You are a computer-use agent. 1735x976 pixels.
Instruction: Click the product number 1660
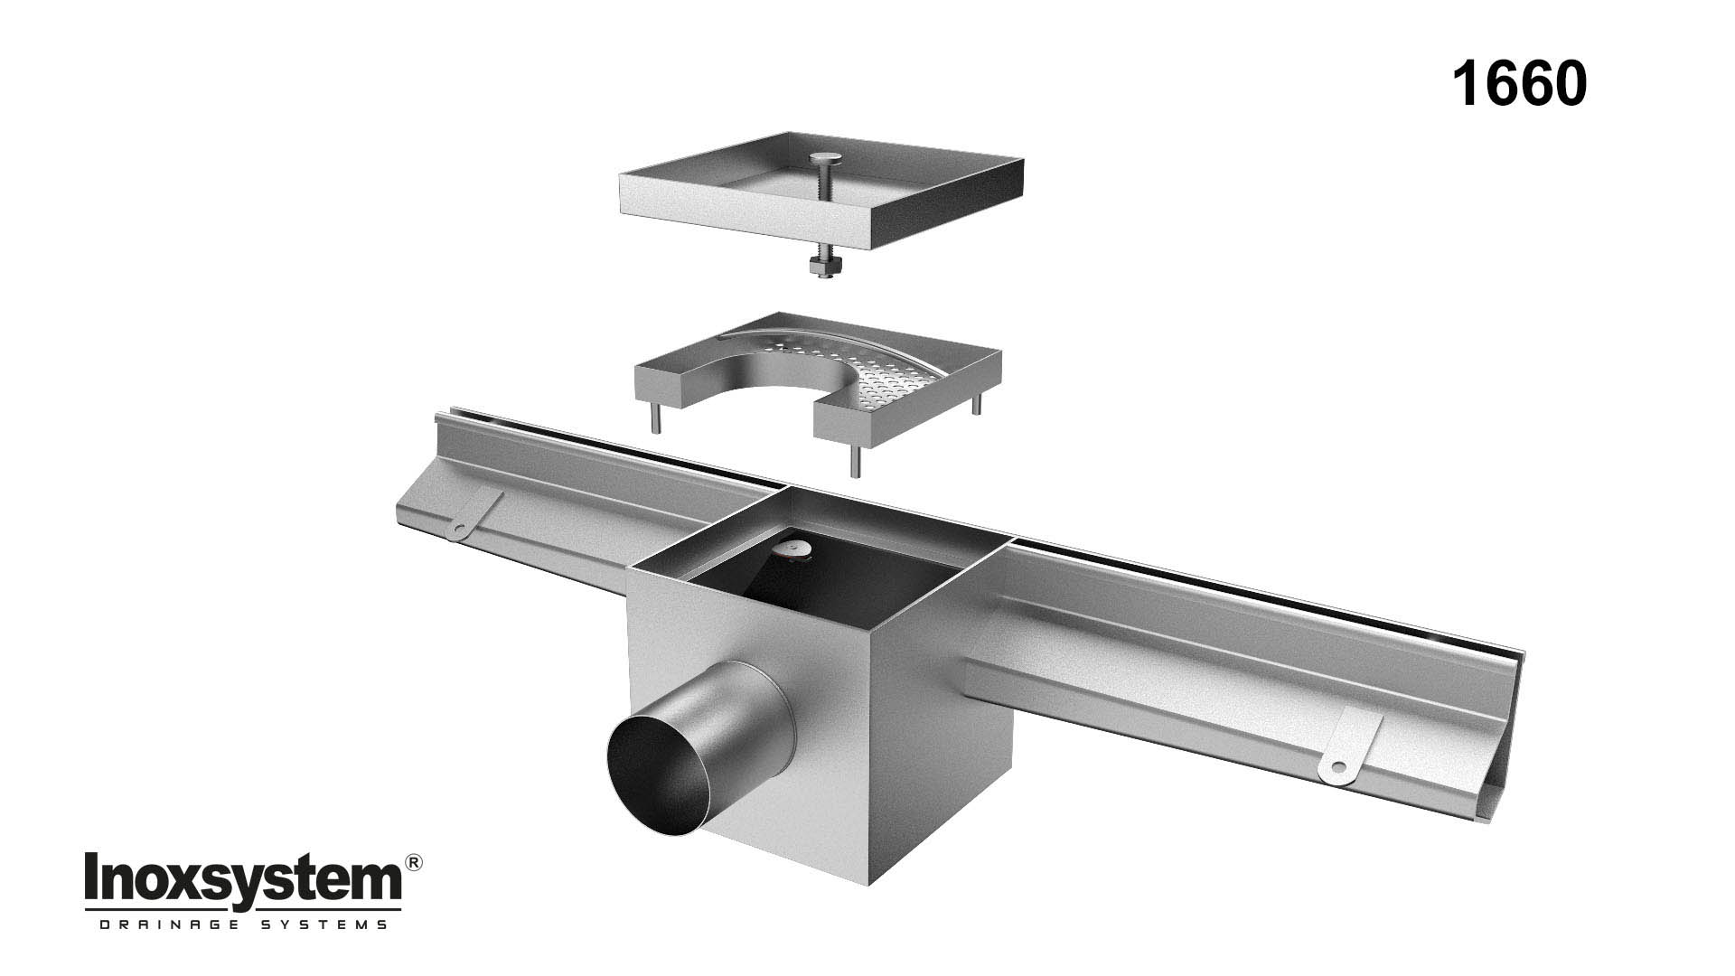click(x=1518, y=85)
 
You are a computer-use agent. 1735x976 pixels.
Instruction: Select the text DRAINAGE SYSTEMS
click(x=242, y=924)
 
